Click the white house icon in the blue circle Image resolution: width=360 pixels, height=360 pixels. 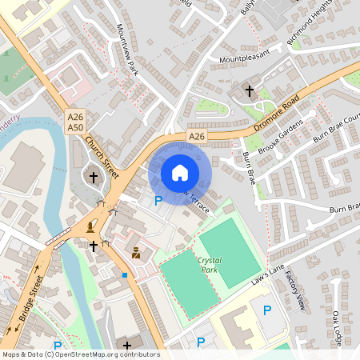coord(180,172)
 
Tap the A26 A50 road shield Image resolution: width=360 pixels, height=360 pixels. coord(75,122)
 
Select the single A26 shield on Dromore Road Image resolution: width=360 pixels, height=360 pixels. coord(197,138)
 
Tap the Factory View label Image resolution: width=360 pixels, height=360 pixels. coord(297,292)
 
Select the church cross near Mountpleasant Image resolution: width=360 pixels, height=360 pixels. coord(249,91)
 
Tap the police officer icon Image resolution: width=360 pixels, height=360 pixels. coord(137,254)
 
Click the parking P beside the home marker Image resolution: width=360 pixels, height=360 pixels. coord(158,201)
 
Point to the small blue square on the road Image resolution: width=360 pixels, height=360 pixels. coord(125,275)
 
